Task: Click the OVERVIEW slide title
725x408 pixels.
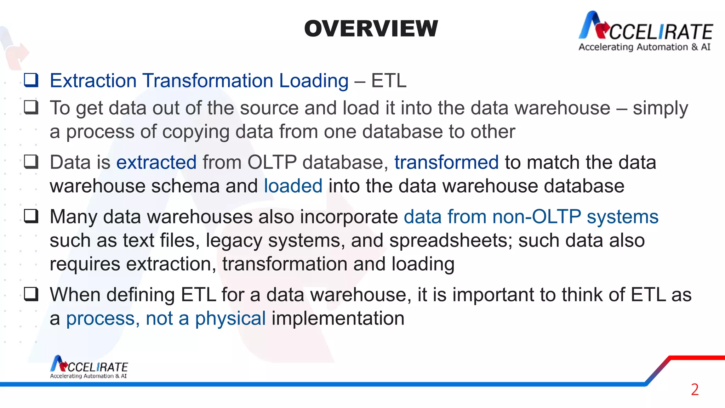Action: coord(371,29)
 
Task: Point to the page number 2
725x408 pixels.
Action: coord(695,390)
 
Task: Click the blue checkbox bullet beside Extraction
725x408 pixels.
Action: coord(31,80)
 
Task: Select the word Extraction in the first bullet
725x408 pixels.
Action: coord(93,81)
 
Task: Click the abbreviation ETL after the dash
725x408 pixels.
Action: coord(388,81)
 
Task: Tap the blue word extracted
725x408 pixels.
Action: coord(156,163)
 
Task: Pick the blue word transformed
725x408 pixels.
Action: coord(446,163)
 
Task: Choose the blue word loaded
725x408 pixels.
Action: coord(293,186)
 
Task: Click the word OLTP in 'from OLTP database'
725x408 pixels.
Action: coord(272,163)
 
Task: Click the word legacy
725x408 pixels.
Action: coord(234,241)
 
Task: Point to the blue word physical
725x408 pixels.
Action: coord(230,318)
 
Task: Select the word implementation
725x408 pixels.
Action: coord(338,318)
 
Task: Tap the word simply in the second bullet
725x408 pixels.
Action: coord(660,108)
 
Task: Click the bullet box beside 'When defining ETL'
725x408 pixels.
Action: coord(31,294)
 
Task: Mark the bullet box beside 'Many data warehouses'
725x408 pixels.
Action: coord(31,216)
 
